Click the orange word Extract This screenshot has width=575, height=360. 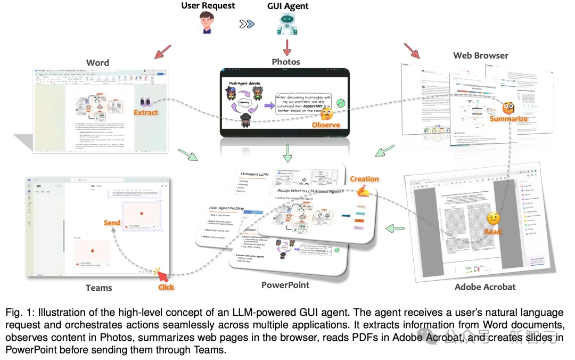(146, 112)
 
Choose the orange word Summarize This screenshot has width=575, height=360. (508, 118)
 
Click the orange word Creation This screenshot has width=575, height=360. (364, 179)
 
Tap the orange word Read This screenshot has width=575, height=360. (492, 231)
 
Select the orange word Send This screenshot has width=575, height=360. (112, 223)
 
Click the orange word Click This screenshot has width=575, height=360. (166, 287)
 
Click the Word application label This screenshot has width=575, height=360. (97, 63)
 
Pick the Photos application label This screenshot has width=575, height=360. (286, 62)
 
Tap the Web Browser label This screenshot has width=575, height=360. (481, 55)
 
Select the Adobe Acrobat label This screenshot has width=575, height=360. (485, 287)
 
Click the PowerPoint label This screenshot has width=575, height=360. (285, 285)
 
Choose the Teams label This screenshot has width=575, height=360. (99, 288)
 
